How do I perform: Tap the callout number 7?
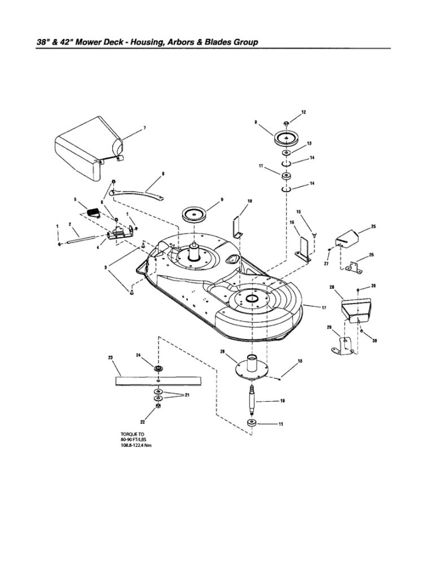tap(144, 128)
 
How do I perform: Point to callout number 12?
tap(303, 112)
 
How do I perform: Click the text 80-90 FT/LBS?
tap(129, 439)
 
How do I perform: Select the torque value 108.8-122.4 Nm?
tap(133, 445)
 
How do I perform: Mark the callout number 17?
tap(324, 307)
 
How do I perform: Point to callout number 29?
tap(328, 328)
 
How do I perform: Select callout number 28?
tap(332, 288)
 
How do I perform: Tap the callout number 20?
tap(223, 351)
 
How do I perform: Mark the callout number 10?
tap(250, 201)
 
